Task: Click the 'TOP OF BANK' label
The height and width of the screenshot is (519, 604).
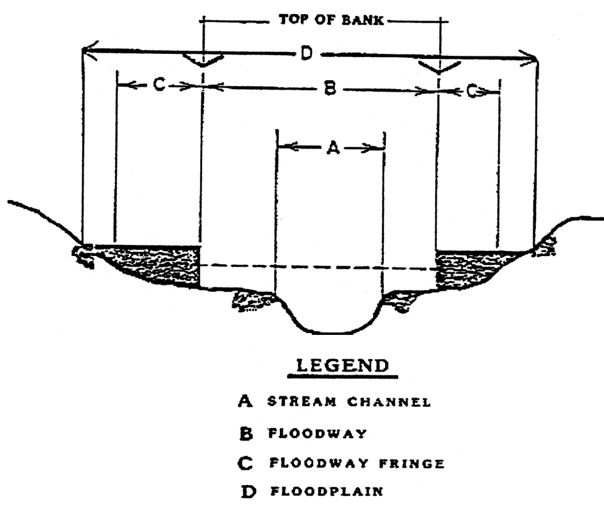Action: (x=331, y=20)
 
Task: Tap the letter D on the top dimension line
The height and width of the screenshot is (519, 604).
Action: (x=306, y=55)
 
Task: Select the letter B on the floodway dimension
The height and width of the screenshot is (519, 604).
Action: (x=329, y=90)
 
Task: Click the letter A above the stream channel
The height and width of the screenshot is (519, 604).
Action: (x=332, y=148)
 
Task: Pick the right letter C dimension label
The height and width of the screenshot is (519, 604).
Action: (x=472, y=92)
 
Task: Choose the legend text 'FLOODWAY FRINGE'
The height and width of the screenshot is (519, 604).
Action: (x=357, y=463)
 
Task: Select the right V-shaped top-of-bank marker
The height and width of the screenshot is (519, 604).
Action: (x=438, y=67)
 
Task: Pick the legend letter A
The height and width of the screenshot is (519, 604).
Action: (x=244, y=402)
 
